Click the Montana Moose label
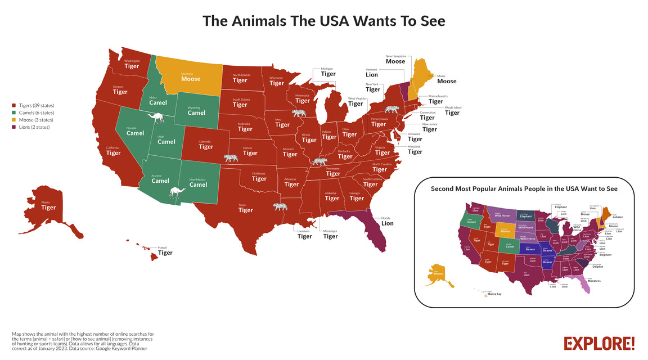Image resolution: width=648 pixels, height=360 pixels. [x=191, y=77]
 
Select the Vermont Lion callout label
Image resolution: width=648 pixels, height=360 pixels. [x=372, y=73]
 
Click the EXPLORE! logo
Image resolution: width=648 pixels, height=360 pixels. [x=599, y=343]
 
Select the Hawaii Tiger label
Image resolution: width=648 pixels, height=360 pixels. [x=165, y=250]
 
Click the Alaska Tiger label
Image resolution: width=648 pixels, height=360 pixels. [x=48, y=205]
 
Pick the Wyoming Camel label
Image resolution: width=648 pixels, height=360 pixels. [x=196, y=110]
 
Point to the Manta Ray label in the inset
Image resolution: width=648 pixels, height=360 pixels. [x=494, y=294]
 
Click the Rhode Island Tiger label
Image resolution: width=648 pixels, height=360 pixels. [x=452, y=110]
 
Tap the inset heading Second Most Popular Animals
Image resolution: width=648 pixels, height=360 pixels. [x=524, y=189]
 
